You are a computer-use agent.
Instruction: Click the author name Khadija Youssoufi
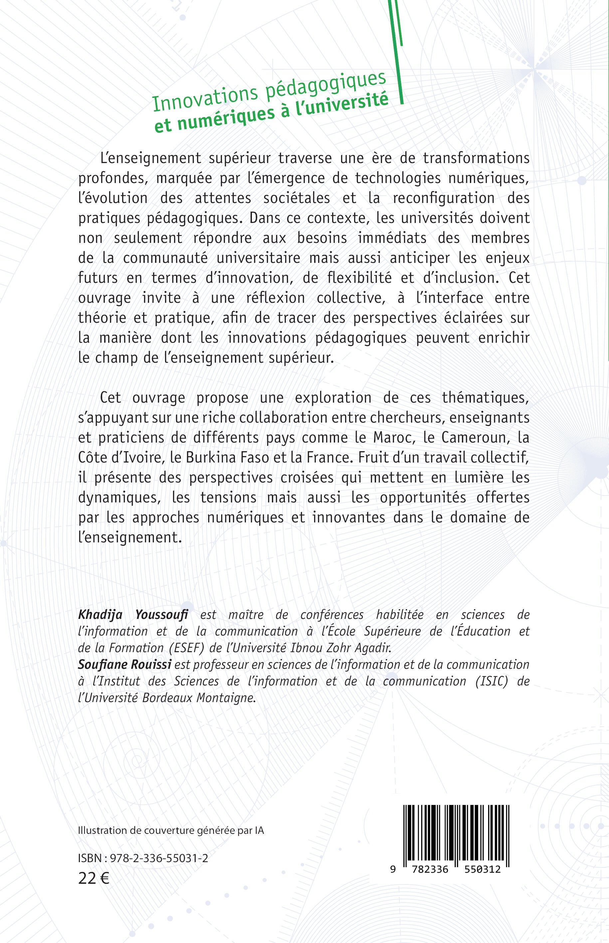pos(133,615)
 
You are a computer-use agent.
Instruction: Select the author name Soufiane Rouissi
pos(124,664)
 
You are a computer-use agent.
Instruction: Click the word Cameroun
pos(474,437)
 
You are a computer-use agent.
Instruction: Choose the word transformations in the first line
pos(476,158)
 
